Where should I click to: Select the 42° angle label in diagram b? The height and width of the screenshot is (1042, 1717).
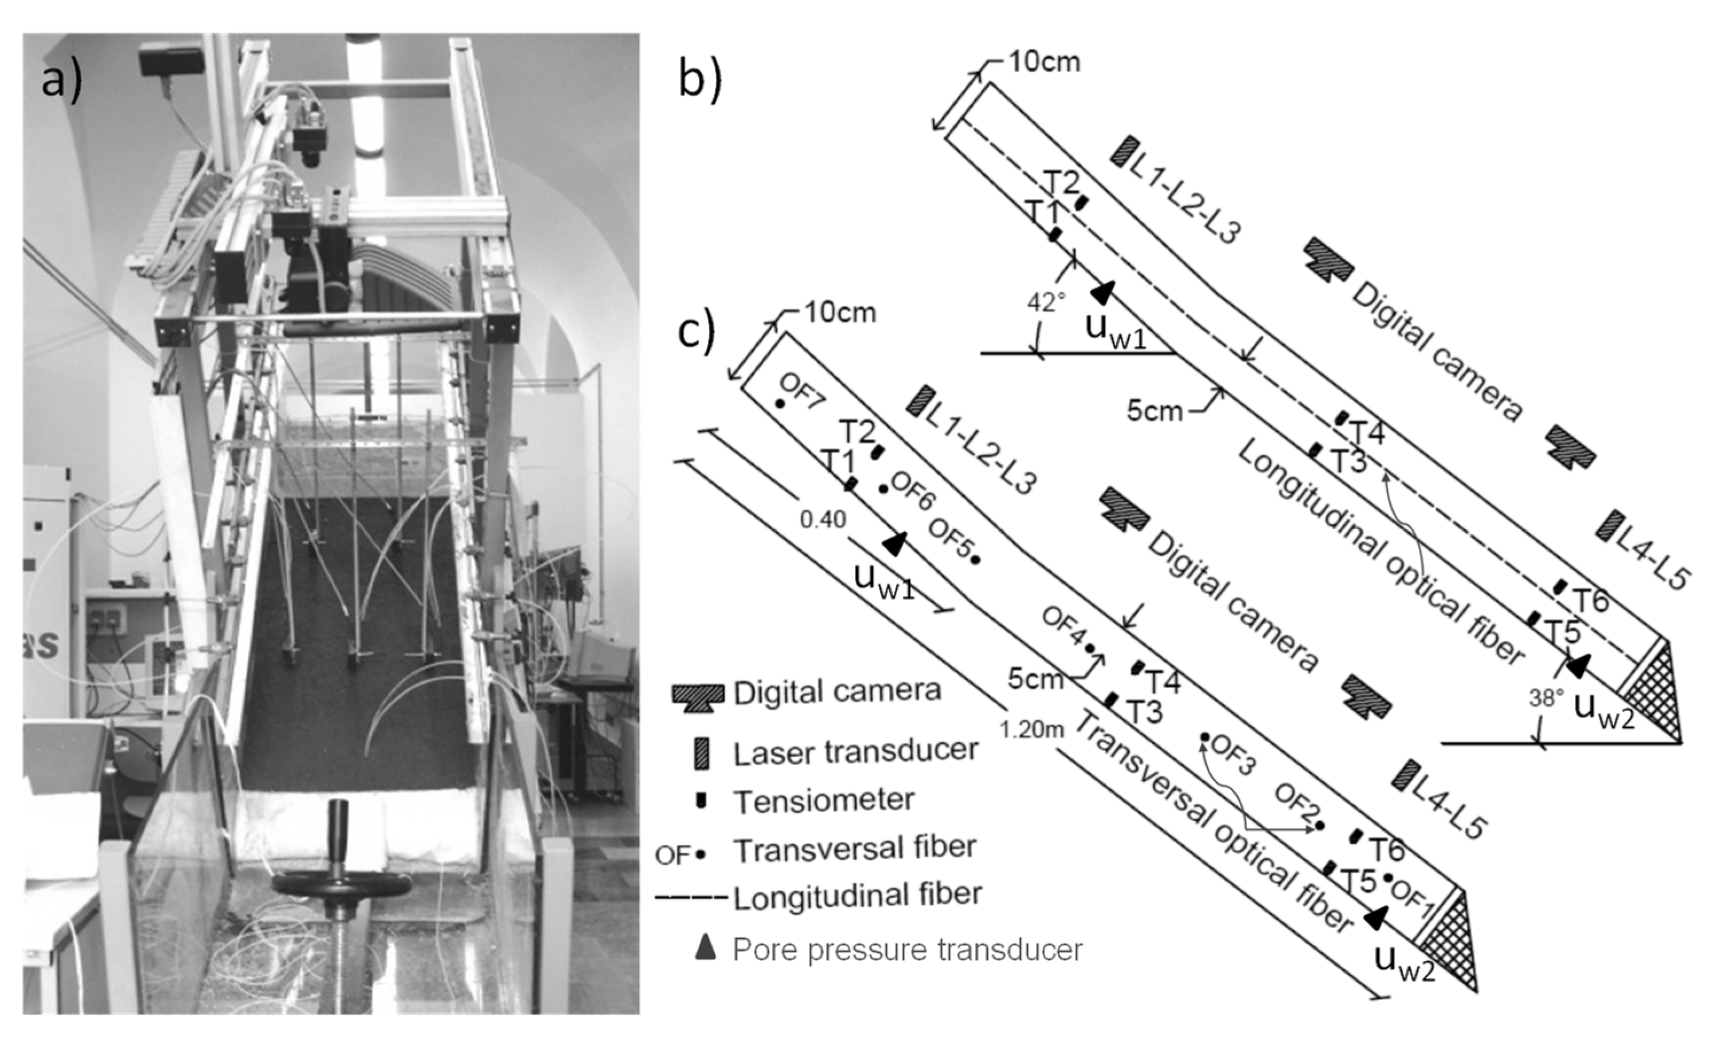click(x=1046, y=302)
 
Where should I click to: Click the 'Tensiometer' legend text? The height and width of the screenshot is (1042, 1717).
click(x=824, y=800)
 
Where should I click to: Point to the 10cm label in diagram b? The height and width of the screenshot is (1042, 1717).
click(x=1044, y=62)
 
